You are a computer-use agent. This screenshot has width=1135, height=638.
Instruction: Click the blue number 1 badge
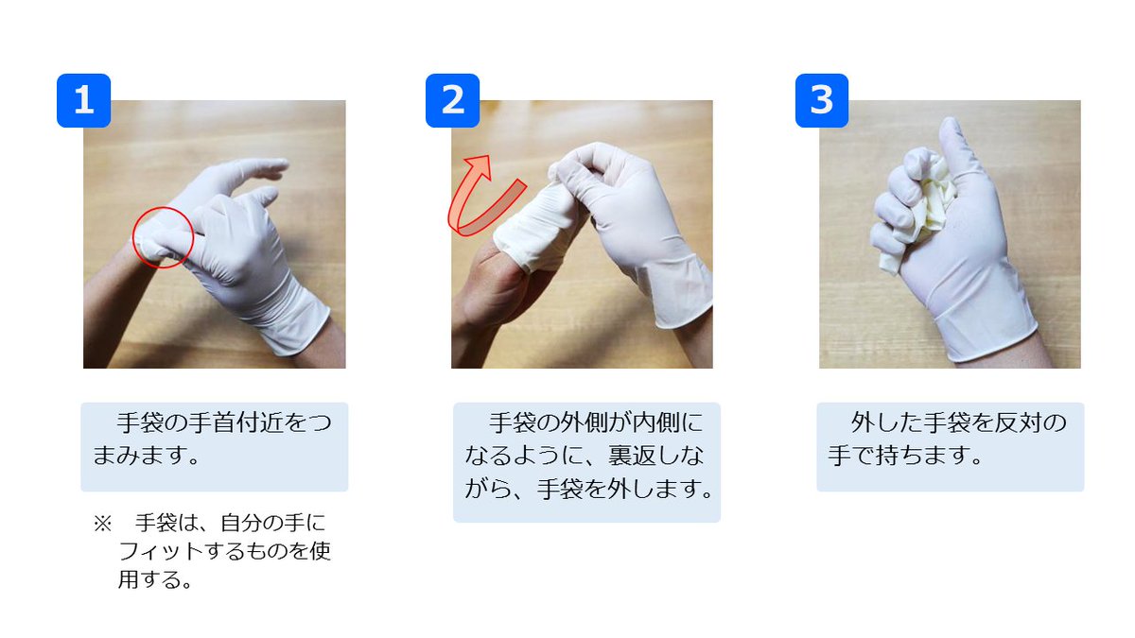click(x=83, y=100)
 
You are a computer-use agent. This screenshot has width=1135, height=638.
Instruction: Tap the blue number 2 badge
click(x=452, y=100)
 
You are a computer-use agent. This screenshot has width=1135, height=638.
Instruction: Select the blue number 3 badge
click(x=822, y=100)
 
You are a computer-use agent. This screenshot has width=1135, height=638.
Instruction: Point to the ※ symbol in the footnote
click(x=102, y=524)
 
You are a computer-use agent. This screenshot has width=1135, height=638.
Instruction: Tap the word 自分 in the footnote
click(x=242, y=523)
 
